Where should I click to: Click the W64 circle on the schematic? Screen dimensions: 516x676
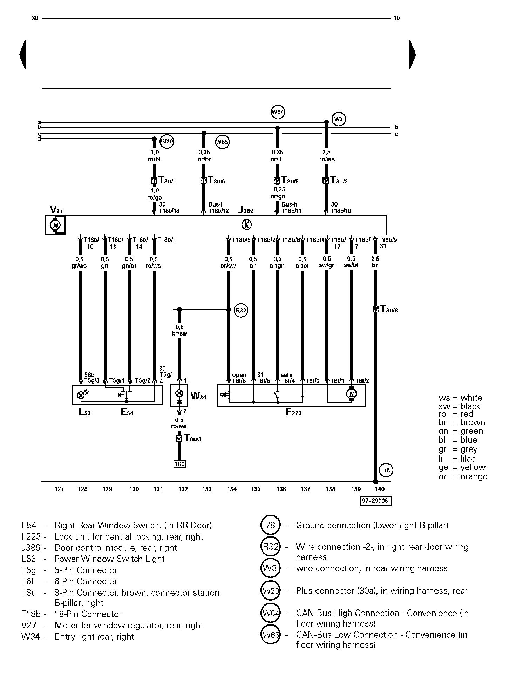[x=278, y=112]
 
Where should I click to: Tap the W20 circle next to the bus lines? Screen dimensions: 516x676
[x=167, y=142]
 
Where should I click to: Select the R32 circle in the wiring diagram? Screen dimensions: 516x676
[x=241, y=310]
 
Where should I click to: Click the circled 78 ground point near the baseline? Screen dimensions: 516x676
[x=386, y=470]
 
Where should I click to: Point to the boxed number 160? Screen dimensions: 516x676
[x=179, y=464]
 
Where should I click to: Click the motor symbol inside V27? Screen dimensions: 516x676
[x=55, y=225]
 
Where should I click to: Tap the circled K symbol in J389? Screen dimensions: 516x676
[x=247, y=225]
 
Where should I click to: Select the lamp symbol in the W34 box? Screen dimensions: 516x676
[x=179, y=392]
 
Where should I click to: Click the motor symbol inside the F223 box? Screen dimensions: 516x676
[x=352, y=394]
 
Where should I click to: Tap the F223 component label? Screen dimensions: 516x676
[x=293, y=412]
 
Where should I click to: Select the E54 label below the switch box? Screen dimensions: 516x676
[x=127, y=412]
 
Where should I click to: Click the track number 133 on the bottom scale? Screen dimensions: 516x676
[x=207, y=489]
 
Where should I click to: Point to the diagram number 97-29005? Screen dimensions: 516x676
[x=376, y=501]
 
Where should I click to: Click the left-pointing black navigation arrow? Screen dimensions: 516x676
[x=22, y=55]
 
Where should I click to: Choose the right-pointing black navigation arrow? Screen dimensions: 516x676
[x=413, y=55]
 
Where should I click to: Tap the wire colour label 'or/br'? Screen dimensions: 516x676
[x=204, y=159]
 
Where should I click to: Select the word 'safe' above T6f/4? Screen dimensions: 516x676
[x=286, y=375]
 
